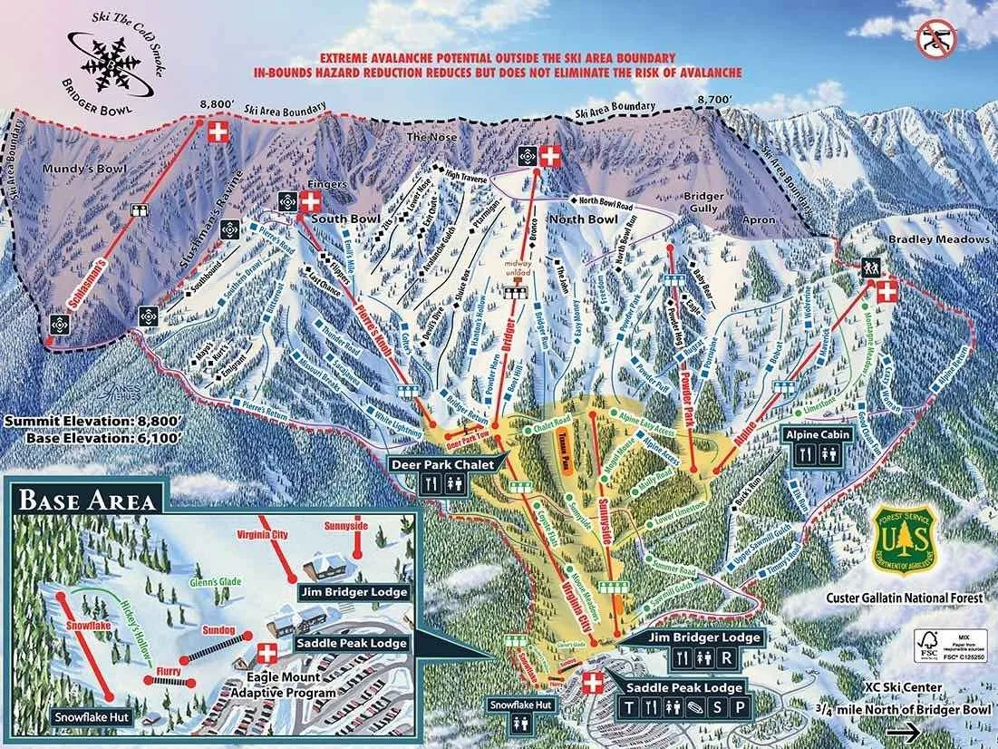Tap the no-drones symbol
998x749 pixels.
[x=936, y=38]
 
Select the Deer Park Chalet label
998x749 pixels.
[x=442, y=464]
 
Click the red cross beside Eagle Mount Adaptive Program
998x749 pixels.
[x=266, y=652]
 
